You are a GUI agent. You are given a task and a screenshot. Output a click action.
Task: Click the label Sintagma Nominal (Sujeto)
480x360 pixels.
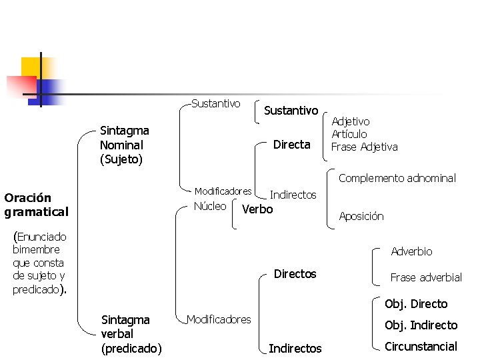point(124,145)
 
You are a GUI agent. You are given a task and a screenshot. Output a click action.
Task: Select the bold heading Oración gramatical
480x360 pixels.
point(36,205)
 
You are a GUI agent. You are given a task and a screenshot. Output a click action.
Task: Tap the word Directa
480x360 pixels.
point(292,144)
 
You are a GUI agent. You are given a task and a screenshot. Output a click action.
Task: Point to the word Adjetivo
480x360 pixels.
point(351,121)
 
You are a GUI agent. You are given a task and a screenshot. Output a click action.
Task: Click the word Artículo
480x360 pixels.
point(349,134)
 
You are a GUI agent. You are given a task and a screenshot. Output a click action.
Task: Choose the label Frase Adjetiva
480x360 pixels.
point(364,147)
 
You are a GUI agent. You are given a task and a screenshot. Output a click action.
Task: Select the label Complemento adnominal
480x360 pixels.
point(397,178)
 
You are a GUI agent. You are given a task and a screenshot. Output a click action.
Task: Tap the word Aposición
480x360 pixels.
point(361,216)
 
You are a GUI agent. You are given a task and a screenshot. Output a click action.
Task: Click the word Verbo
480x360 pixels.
point(257,209)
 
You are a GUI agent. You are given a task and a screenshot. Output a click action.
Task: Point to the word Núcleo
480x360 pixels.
point(209,206)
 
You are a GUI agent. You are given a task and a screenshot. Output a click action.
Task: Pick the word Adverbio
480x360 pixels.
point(411,251)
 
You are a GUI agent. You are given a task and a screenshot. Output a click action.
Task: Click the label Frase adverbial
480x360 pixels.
point(426,277)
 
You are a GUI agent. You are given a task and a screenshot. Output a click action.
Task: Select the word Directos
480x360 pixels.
point(295,274)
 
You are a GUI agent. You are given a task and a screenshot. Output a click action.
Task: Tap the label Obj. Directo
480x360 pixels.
point(416,304)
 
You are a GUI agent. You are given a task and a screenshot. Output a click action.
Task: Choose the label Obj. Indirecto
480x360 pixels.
point(421,325)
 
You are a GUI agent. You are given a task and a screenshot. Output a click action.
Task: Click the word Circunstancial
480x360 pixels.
point(421,346)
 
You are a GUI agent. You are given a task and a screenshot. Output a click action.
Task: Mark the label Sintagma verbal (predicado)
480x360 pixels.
point(131,333)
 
